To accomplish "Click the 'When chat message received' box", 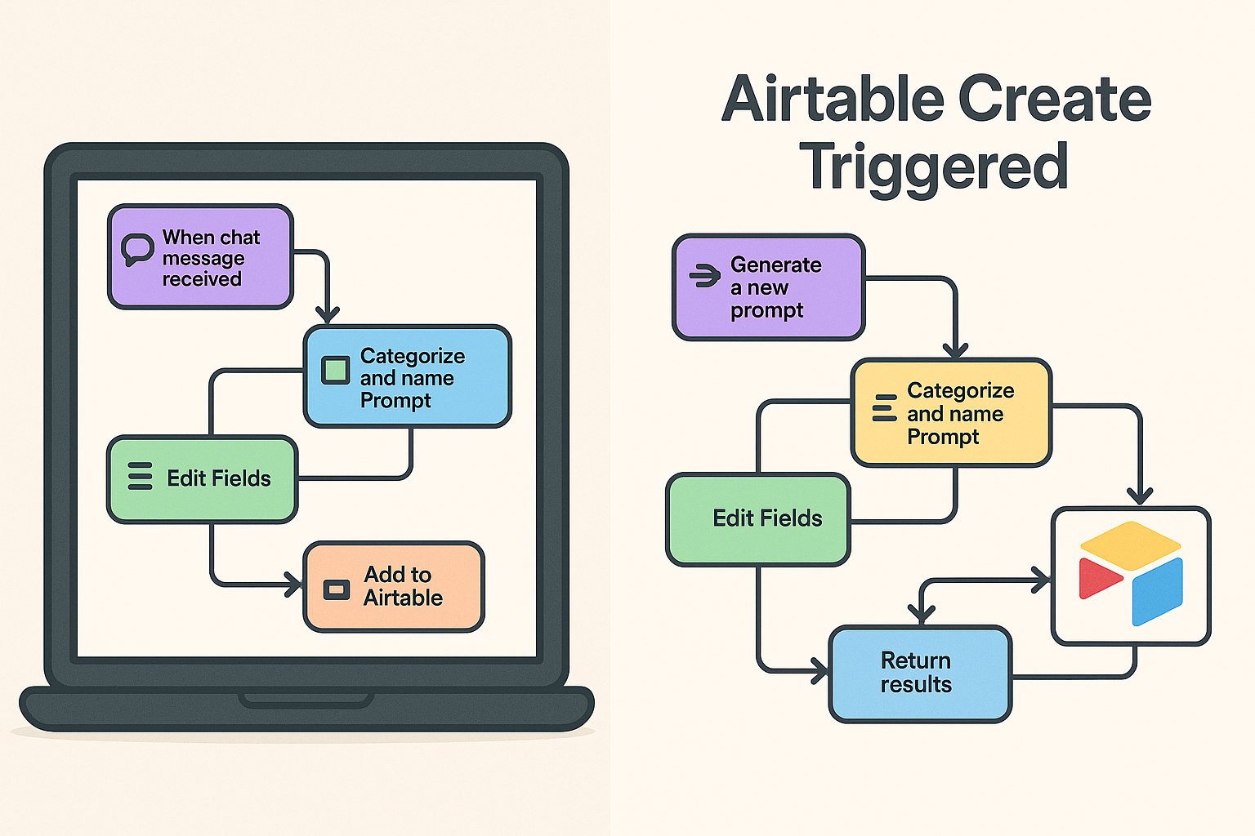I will (200, 257).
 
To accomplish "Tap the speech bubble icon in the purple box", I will (136, 249).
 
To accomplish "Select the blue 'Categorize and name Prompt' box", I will (407, 377).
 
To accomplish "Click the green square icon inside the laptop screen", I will (336, 370).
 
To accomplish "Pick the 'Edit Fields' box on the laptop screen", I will (203, 479).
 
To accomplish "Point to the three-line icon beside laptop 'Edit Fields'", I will (140, 476).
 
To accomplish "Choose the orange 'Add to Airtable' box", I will (394, 586).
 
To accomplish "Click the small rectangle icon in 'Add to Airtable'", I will (336, 589).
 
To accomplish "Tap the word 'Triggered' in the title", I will (933, 166).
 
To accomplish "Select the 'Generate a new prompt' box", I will (768, 287).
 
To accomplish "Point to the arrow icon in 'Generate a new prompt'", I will (703, 276).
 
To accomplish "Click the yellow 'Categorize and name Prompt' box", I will (951, 413).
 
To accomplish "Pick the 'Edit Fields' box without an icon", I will (758, 519).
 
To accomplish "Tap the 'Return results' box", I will (920, 674).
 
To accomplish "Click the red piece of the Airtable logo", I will (1098, 577).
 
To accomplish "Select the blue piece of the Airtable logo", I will (1157, 590).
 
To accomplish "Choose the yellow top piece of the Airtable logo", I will (1130, 545).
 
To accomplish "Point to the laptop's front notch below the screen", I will (306, 700).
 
